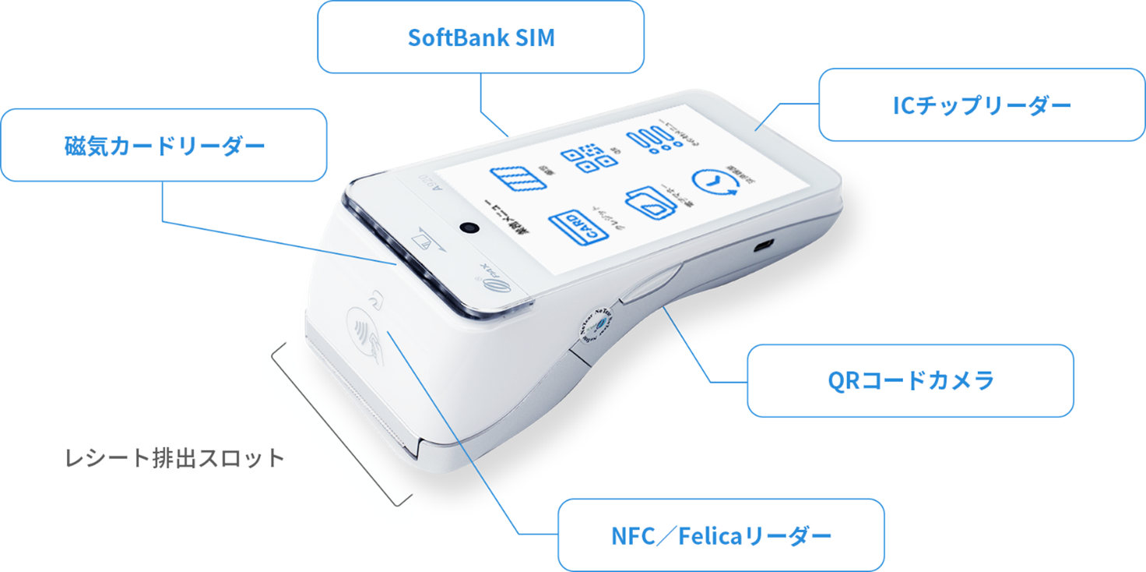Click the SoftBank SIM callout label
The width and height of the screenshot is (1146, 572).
480,37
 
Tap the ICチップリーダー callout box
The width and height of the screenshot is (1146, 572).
982,105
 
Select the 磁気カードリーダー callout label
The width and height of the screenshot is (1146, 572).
163,146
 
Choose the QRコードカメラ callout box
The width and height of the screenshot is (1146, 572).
910,380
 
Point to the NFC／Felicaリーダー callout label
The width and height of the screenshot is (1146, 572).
721,535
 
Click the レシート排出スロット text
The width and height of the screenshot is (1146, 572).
174,457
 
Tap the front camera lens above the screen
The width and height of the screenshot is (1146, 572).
469,227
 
